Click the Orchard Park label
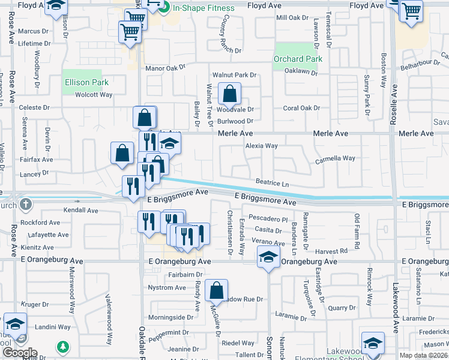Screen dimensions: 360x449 click(x=298, y=59)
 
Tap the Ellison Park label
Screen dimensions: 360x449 click(x=86, y=82)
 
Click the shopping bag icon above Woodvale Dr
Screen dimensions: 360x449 click(x=229, y=94)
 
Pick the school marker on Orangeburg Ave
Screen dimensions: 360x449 click(x=268, y=258)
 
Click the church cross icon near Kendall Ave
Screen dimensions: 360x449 click(x=25, y=205)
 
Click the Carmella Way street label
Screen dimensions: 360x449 click(x=336, y=158)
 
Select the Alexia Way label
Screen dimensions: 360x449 click(x=261, y=146)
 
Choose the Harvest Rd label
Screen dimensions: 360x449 click(x=331, y=251)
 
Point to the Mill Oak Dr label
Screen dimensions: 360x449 click(x=292, y=18)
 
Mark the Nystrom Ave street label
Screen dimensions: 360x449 click(x=167, y=287)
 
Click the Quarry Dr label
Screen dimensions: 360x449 click(x=342, y=308)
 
